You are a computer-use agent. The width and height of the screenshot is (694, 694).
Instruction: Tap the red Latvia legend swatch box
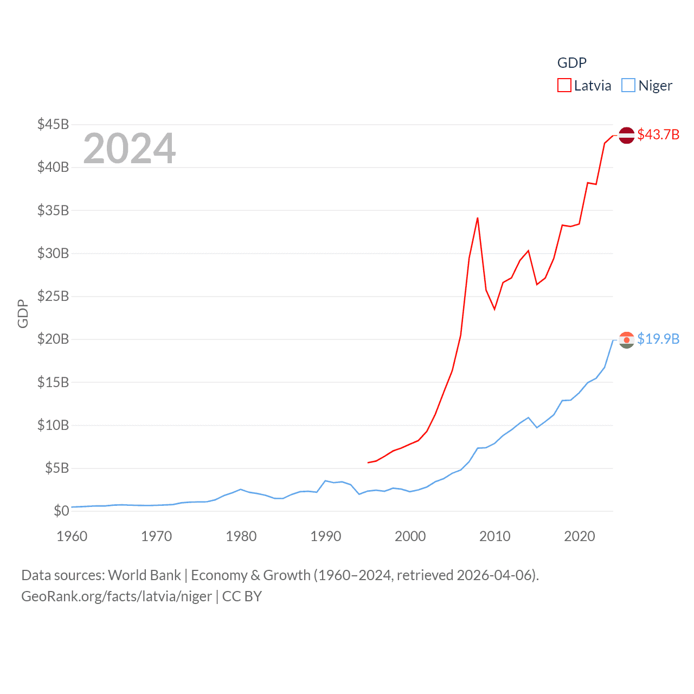pos(564,86)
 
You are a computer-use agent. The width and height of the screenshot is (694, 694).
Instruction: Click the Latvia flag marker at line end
pos(626,135)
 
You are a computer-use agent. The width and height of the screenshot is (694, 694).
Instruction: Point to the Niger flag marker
pos(626,340)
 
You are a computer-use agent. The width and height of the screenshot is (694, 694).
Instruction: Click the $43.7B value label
pos(658,134)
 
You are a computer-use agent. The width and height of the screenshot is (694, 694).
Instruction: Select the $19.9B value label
pos(658,339)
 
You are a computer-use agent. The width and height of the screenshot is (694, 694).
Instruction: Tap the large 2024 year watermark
pos(129,148)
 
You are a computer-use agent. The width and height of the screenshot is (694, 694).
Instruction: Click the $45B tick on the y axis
pos(53,124)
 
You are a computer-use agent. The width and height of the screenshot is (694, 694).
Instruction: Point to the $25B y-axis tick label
pos(53,296)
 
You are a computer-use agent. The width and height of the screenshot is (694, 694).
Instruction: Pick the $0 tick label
pos(61,511)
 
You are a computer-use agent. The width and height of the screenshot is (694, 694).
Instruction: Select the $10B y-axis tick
pos(53,425)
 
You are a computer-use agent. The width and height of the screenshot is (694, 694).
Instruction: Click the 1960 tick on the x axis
pos(72,536)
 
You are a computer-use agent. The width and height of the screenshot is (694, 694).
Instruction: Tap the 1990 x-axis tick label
pos(326,536)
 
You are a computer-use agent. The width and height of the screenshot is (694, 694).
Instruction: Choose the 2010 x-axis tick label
pos(495,536)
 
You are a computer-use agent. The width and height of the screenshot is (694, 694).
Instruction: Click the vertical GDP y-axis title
pos(23,313)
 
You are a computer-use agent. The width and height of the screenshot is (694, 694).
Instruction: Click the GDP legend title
pos(572,63)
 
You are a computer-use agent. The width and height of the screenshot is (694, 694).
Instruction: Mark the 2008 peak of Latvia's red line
pos(477,218)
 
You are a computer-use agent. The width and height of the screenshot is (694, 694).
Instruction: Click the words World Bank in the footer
pos(145,575)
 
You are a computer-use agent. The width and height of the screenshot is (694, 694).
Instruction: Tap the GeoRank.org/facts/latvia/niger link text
pos(117,596)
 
